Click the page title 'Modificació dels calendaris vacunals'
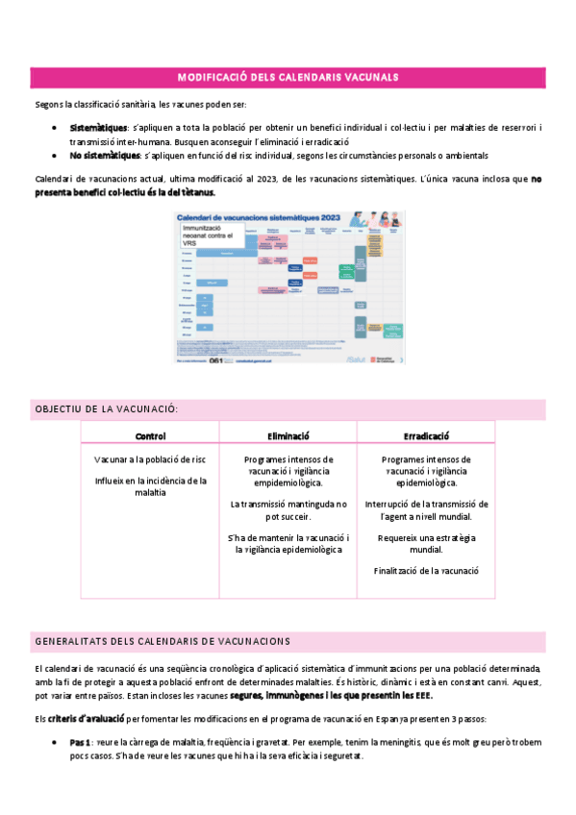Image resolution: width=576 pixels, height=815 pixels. tap(288, 77)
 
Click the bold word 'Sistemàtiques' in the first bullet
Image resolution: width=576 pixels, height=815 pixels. tap(98, 128)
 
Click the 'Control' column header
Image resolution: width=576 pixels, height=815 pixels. tap(150, 435)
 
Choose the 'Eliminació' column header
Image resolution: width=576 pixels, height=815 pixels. tap(288, 435)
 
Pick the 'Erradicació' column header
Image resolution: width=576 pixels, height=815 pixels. tap(426, 435)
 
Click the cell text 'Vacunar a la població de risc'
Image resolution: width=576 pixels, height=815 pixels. tap(150, 459)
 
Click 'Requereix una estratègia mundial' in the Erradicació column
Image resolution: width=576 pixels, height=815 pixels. tap(426, 543)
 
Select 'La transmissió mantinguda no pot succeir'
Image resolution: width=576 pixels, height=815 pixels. tap(288, 509)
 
